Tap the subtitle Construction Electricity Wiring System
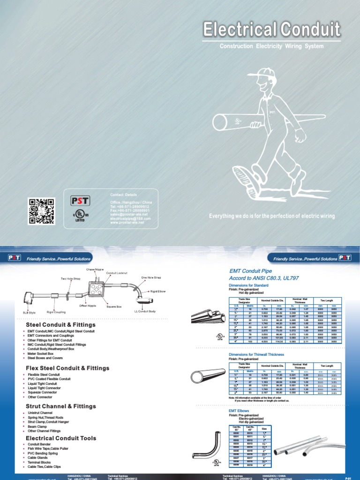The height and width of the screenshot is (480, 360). tap(272, 46)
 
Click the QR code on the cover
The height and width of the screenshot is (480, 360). tap(42, 211)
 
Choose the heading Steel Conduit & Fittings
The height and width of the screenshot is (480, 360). tap(61, 325)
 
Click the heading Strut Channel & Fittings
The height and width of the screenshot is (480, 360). tap(61, 406)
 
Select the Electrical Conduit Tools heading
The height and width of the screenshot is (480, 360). tap(61, 438)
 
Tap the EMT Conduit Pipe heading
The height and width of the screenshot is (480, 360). tap(251, 270)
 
